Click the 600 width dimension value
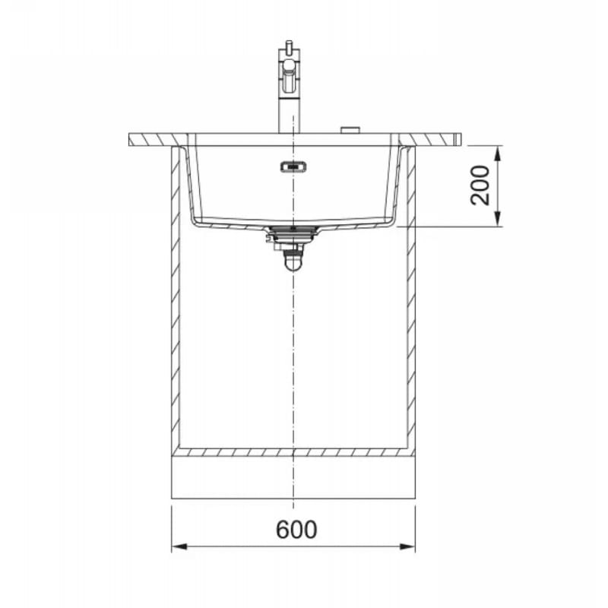pos(296,529)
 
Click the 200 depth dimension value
pos(480,185)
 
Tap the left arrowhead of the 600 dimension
pos(179,546)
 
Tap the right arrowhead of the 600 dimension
pos(407,546)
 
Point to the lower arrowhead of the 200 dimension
pos(499,219)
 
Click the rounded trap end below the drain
pos(293,263)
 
